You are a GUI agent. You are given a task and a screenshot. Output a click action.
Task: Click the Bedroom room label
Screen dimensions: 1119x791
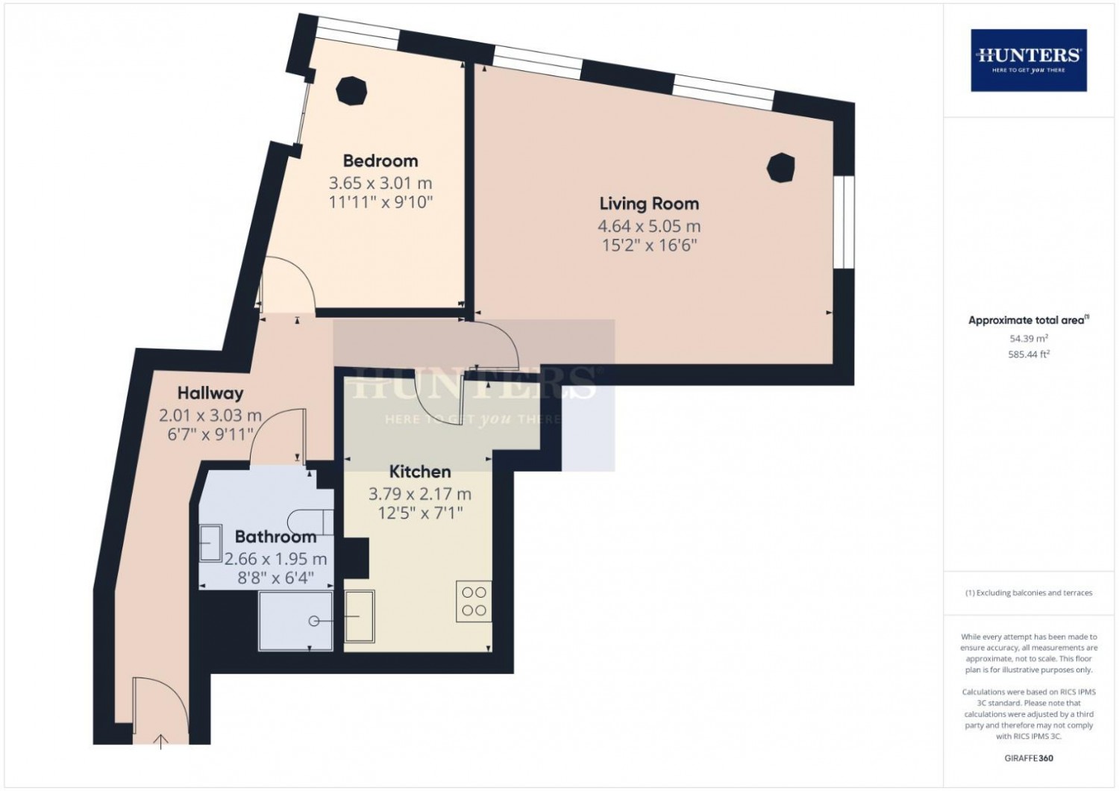pos(380,161)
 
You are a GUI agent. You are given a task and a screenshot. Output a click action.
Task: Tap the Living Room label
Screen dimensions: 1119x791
pos(649,204)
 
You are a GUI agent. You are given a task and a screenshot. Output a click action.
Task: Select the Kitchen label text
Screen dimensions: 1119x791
pos(419,472)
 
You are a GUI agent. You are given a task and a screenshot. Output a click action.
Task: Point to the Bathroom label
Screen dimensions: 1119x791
pos(275,537)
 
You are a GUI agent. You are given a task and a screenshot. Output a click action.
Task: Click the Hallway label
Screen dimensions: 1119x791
pos(210,394)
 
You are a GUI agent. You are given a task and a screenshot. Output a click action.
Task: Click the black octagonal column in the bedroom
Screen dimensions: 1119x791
pos(351,91)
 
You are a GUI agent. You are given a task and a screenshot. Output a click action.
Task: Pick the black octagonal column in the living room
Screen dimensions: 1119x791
pos(781,168)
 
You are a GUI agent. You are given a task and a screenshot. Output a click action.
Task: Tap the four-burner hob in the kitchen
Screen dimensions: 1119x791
pos(474,601)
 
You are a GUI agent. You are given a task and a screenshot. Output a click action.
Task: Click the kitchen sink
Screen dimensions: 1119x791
pos(360,616)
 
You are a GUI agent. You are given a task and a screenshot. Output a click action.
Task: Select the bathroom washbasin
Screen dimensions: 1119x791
pos(210,543)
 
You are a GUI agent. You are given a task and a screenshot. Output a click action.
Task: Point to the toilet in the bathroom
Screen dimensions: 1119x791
pos(312,522)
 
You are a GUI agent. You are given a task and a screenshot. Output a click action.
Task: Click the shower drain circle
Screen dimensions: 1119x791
pos(314,621)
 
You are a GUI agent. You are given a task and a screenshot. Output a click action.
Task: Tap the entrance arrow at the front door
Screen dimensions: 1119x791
pos(160,742)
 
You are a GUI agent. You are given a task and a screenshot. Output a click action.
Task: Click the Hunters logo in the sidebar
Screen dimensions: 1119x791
pos(1029,60)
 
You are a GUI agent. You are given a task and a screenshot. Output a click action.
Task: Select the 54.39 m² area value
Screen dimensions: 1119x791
pos(1029,338)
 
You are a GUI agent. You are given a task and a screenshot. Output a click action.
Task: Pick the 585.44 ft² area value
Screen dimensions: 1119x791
pos(1029,354)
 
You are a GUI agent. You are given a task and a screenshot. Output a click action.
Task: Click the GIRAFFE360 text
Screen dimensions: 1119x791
pos(1029,758)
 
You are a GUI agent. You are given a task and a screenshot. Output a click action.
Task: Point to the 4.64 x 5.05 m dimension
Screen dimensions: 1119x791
pos(649,226)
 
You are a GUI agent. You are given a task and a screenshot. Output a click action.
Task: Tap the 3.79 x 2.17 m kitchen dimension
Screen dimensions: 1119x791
pos(419,494)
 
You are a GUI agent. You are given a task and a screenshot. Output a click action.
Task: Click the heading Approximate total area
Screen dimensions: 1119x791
pos(1028,320)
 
